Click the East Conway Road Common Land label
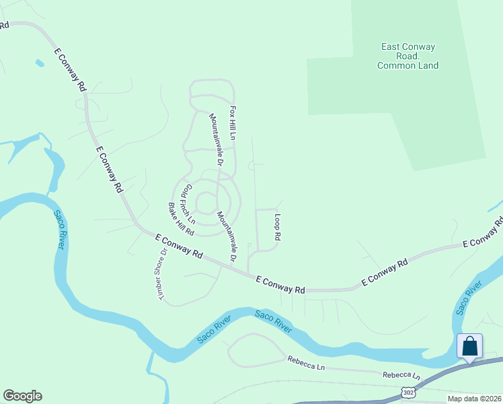pyautogui.click(x=408, y=56)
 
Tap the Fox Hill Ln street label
pyautogui.click(x=233, y=122)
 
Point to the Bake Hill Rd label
pyautogui.click(x=181, y=219)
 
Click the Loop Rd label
pyautogui.click(x=276, y=228)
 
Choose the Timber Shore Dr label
pyautogui.click(x=161, y=274)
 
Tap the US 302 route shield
pyautogui.click(x=408, y=392)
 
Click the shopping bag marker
pyautogui.click(x=469, y=346)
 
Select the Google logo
pyautogui.click(x=22, y=396)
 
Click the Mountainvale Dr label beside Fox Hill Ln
pyautogui.click(x=215, y=139)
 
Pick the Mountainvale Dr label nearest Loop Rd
pyautogui.click(x=227, y=237)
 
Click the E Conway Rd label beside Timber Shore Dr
pyautogui.click(x=179, y=247)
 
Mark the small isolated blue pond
pyautogui.click(x=40, y=63)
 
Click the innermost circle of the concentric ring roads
pyautogui.click(x=205, y=202)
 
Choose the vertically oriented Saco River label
pyautogui.click(x=59, y=230)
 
